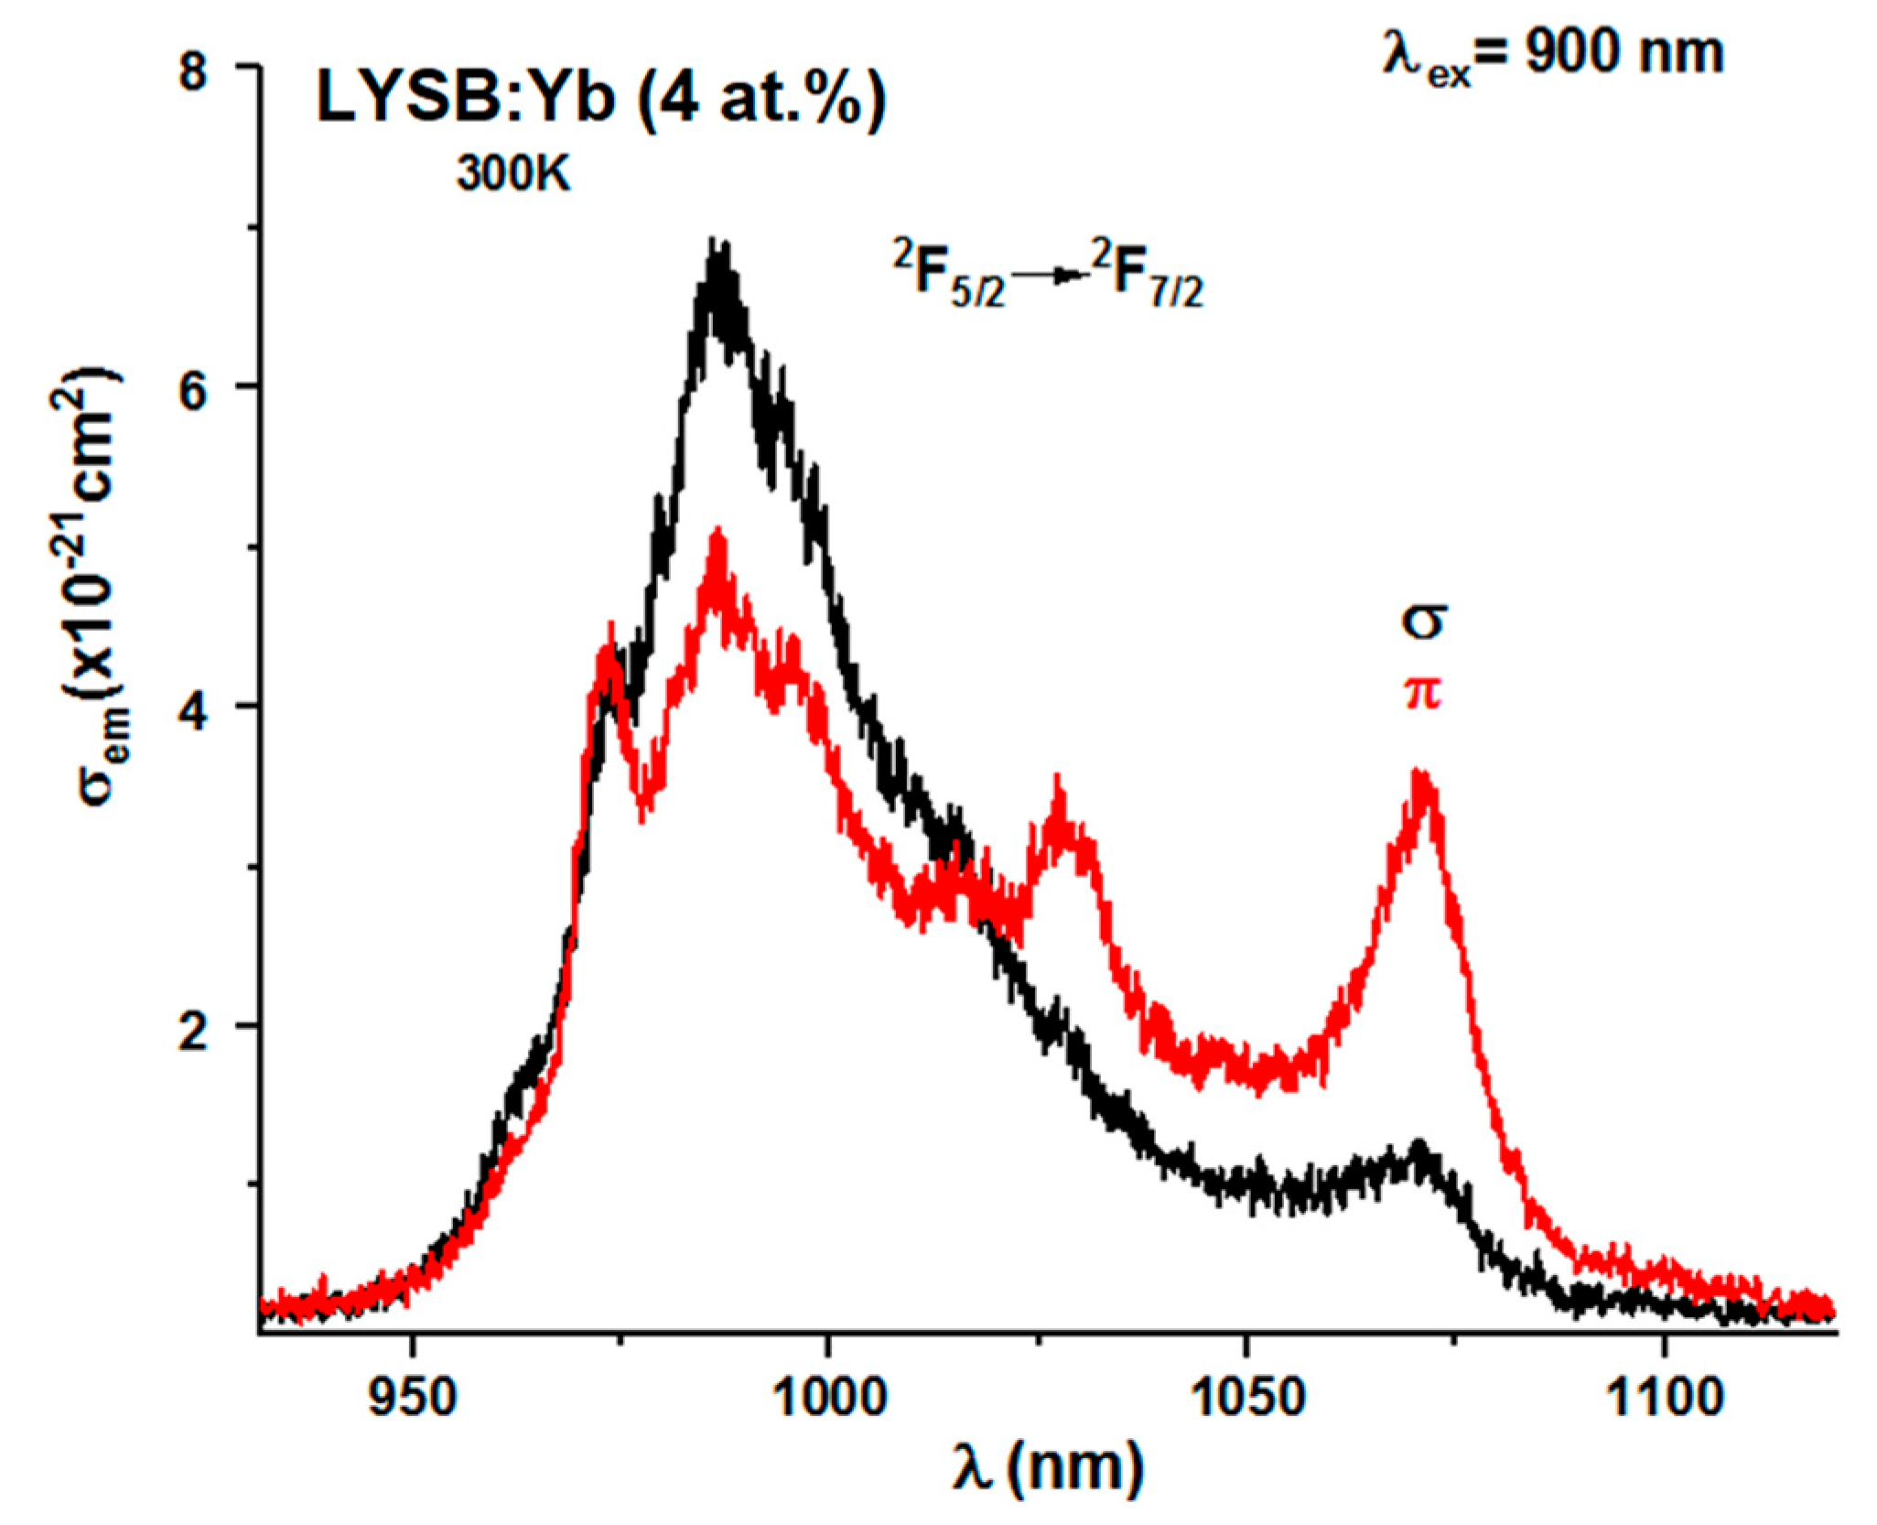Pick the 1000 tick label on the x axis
click(829, 1398)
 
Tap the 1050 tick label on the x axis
click(1246, 1398)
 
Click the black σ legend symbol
click(1422, 622)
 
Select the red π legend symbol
click(1422, 694)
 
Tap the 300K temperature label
click(513, 171)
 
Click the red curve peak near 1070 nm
click(1420, 774)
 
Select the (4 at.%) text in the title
click(761, 98)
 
